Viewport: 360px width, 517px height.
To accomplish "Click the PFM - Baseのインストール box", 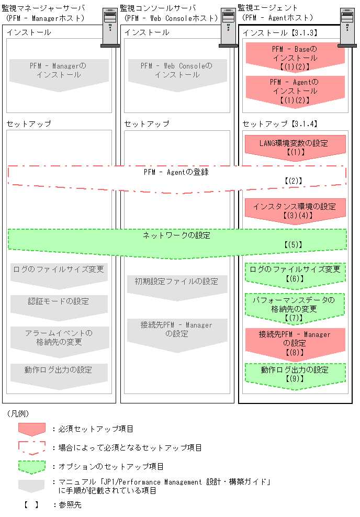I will [x=295, y=57].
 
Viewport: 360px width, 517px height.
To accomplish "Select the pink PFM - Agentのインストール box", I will [x=295, y=90].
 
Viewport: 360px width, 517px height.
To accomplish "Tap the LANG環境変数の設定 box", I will [x=295, y=147].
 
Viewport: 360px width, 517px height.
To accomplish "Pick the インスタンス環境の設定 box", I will [x=295, y=209].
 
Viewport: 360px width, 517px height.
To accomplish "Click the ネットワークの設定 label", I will [x=176, y=235].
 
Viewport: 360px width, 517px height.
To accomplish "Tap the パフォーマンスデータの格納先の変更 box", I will [x=295, y=308].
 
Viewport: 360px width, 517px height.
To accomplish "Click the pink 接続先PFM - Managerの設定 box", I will [x=295, y=343].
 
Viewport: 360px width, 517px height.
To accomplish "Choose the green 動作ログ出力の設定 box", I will [x=295, y=374].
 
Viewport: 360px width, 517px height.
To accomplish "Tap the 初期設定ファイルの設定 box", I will [x=177, y=285].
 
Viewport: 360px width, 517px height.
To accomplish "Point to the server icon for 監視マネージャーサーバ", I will [x=110, y=29].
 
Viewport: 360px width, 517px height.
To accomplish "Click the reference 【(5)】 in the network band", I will [x=293, y=244].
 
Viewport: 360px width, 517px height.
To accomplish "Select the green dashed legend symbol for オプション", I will [x=32, y=466].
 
